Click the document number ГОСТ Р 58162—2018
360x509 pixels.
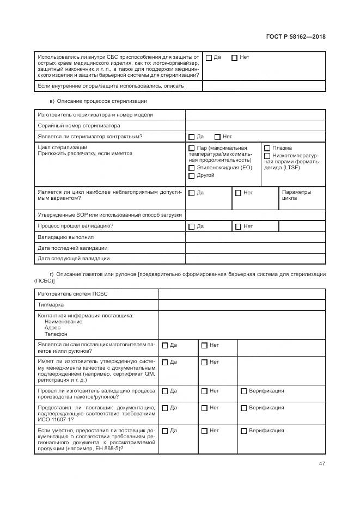pos(295,37)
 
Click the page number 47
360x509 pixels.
pos(321,464)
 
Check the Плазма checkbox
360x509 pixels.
pos(267,148)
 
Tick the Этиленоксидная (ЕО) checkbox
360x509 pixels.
pos(192,168)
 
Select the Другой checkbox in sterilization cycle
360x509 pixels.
pos(192,176)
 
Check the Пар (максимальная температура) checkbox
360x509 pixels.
pos(192,148)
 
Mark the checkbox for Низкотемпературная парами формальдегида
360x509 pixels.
pos(267,156)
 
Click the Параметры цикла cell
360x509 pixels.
pos(296,195)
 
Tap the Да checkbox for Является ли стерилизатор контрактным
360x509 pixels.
pos(192,137)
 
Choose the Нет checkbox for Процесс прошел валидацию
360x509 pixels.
pos(239,226)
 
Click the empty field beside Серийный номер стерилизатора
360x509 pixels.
pos(255,125)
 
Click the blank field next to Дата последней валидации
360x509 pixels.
pos(255,248)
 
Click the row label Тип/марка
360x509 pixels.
pos(50,305)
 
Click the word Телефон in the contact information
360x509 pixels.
pos(56,334)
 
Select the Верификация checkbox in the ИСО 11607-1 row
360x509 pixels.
pos(243,408)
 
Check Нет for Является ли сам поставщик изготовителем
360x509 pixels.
pos(204,345)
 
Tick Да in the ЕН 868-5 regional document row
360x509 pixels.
pos(165,431)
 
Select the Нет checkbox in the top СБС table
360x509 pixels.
pos(234,58)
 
